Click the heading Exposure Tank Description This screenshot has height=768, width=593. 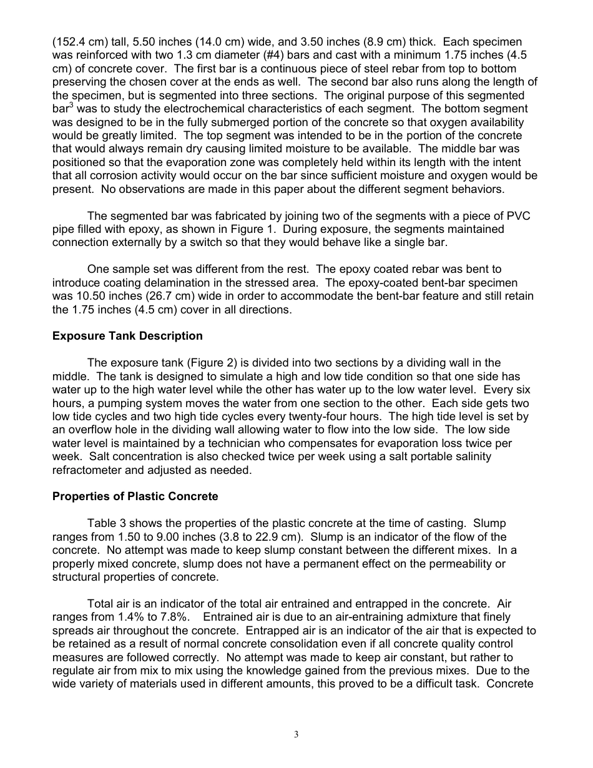point(127,336)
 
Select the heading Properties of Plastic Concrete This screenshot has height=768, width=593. point(135,496)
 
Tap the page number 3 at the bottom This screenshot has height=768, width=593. point(296,735)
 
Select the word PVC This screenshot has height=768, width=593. point(519,215)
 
